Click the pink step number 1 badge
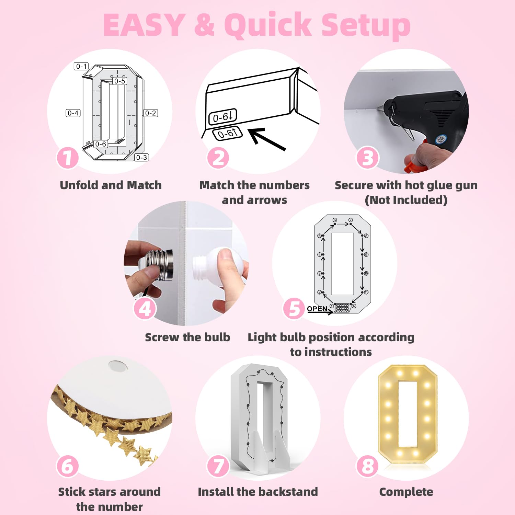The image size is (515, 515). [68, 158]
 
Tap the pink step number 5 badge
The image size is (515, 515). [294, 308]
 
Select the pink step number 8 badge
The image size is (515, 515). [368, 466]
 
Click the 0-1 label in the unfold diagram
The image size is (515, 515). [81, 66]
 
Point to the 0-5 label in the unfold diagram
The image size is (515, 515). [120, 81]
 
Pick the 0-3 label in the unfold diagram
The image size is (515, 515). [141, 158]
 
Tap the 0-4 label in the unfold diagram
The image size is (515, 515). [73, 113]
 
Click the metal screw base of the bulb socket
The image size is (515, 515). [158, 265]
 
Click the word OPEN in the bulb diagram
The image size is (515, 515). [317, 309]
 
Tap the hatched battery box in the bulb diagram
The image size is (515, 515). [342, 308]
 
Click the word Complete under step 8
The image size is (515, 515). [406, 492]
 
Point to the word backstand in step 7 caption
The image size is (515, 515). [288, 492]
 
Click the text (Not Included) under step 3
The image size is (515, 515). [406, 200]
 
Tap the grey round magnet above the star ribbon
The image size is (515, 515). [118, 366]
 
